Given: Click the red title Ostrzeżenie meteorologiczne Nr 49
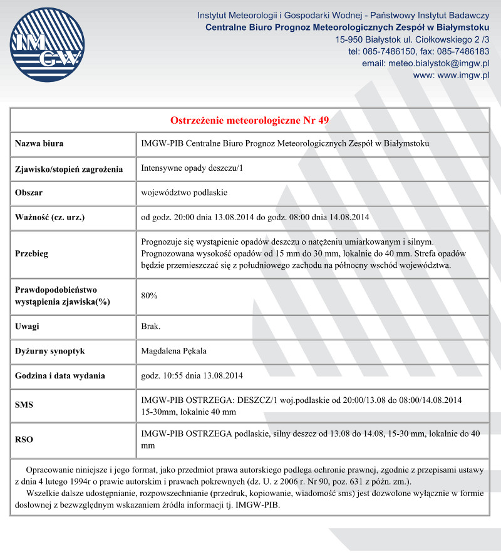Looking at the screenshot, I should [249, 120].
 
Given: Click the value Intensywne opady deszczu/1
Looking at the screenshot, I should [191, 168].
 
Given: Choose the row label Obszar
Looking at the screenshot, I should [29, 193].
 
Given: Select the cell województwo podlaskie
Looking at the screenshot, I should [183, 193].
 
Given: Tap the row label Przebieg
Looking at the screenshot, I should [32, 254].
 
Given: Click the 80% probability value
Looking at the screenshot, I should [150, 296].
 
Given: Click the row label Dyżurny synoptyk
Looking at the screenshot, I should [49, 351].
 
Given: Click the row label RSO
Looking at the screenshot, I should [24, 439].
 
